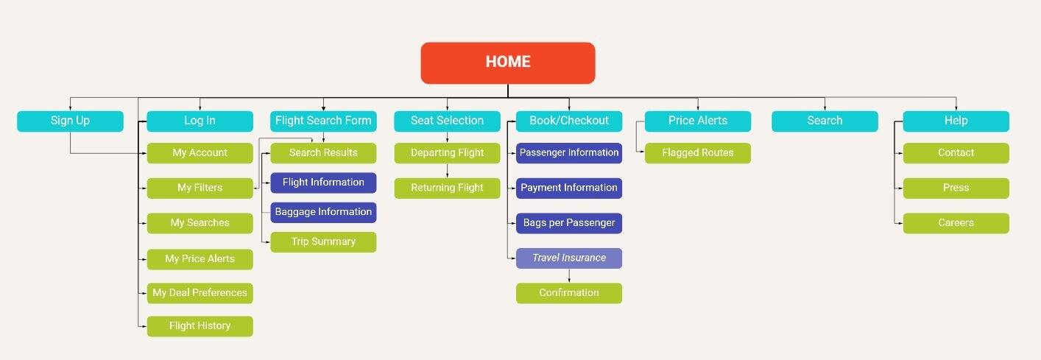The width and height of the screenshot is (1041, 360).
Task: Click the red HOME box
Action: (508, 63)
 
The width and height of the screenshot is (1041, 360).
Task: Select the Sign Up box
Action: (70, 121)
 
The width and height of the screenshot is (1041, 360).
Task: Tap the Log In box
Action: (200, 121)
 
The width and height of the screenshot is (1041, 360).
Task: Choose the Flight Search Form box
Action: (323, 121)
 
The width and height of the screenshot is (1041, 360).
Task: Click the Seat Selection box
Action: (447, 121)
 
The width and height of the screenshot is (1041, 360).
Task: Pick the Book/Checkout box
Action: (569, 121)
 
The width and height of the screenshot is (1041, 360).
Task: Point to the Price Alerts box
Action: (698, 121)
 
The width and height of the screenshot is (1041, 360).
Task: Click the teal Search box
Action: (825, 121)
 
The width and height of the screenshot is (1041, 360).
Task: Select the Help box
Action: (956, 121)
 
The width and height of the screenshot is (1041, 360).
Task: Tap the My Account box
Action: (200, 153)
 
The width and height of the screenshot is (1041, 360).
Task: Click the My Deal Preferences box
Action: (200, 293)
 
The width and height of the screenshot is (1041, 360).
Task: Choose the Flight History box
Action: (200, 326)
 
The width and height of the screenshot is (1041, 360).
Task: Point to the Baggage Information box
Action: (323, 212)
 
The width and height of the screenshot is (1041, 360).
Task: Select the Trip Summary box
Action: (323, 242)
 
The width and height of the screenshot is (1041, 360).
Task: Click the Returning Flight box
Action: (447, 188)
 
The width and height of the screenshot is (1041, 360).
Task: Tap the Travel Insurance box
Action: (569, 258)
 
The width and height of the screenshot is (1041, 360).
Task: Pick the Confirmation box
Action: (569, 293)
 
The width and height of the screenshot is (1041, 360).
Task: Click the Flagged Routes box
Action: (698, 153)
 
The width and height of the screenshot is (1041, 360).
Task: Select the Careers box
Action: (956, 223)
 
